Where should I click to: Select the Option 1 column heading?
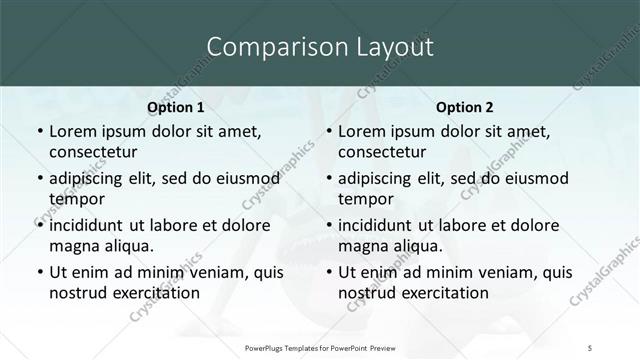tap(176, 106)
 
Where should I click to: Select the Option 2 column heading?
tap(464, 106)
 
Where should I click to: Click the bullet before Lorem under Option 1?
tap(39, 131)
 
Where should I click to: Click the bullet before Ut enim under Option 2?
tap(329, 272)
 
